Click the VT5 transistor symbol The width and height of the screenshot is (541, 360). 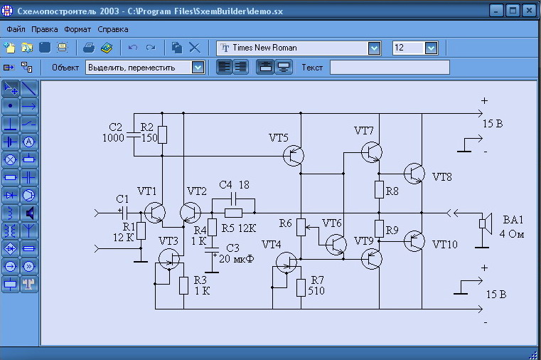294,156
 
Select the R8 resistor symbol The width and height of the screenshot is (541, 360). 379,189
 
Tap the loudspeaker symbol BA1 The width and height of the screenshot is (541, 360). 485,223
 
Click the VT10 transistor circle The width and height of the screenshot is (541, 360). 414,241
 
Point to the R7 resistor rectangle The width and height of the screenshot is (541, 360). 301,288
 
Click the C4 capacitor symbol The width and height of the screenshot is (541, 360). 233,198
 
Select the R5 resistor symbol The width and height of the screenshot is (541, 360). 233,213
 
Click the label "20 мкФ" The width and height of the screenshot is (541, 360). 237,258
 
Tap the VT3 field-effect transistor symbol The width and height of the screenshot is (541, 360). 169,259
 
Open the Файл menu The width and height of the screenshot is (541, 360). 16,29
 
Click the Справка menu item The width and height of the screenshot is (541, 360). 113,29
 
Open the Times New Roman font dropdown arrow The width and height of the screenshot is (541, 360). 375,48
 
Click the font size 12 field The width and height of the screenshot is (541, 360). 409,48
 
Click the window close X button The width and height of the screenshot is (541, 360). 529,11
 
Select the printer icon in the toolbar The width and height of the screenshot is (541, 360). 89,48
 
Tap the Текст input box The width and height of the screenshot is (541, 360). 390,68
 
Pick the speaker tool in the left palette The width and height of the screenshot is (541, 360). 29,213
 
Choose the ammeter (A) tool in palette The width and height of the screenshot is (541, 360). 29,142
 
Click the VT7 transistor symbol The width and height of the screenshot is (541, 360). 372,152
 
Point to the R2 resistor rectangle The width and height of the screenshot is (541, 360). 162,134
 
